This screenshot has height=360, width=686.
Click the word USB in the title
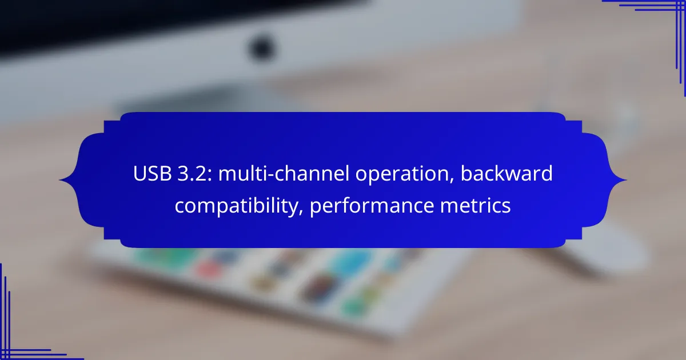tap(152, 174)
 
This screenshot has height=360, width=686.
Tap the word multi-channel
tap(284, 174)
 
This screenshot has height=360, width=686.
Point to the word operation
tap(401, 175)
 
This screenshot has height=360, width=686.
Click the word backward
tap(506, 173)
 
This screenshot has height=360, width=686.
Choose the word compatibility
tap(237, 206)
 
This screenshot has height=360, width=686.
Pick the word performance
tap(372, 206)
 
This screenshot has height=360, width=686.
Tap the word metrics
tap(475, 205)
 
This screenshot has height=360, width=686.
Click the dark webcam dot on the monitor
tap(261, 49)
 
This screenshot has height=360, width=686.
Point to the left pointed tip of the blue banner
tap(59, 180)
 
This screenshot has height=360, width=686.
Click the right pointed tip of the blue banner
tap(627, 180)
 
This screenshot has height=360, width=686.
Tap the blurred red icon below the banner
tap(209, 270)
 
